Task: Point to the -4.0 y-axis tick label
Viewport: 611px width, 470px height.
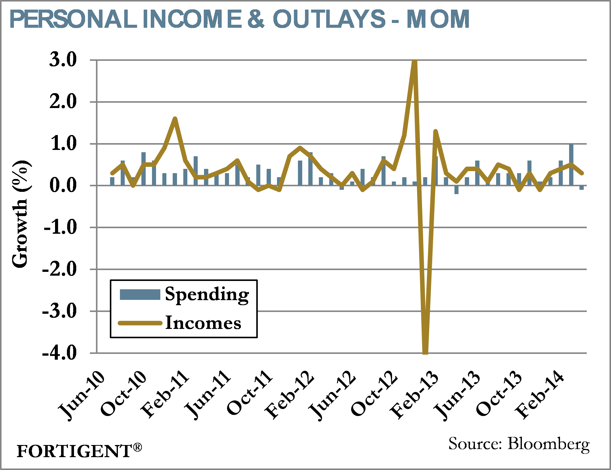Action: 60,353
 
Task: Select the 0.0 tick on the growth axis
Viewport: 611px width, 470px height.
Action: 63,185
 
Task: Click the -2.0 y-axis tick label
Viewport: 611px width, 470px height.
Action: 60,269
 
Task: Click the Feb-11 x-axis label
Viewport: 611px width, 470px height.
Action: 165,395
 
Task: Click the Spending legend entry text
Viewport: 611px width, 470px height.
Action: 207,295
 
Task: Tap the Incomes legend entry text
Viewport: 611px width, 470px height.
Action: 203,323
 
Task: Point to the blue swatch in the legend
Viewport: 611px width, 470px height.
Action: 140,295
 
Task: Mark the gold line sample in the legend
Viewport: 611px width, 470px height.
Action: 140,323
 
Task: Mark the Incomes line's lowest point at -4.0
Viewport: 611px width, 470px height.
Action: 425,352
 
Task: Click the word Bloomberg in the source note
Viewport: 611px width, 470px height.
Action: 549,444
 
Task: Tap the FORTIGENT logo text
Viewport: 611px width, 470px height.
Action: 74,451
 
